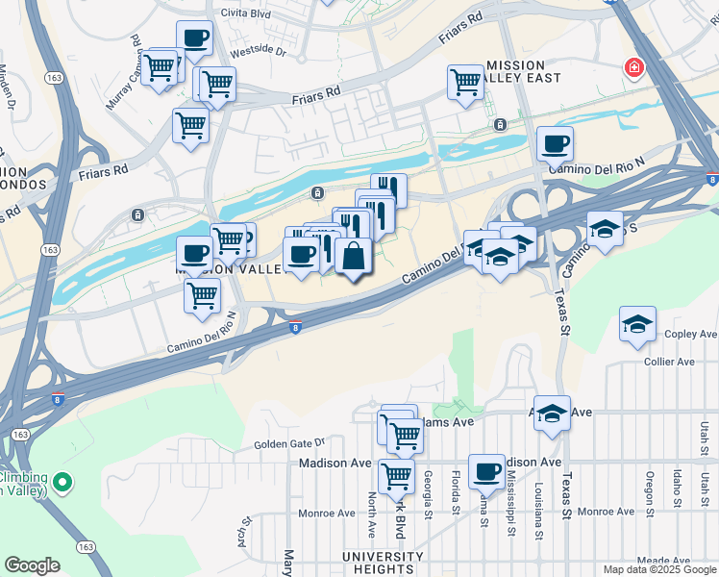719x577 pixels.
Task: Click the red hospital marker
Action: (x=633, y=68)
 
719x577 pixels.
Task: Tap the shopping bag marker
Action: (x=354, y=256)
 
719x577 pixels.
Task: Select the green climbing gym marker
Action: (x=63, y=482)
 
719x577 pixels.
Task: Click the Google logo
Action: (x=32, y=565)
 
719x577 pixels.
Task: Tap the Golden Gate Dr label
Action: (x=290, y=444)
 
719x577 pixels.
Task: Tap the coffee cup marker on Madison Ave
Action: (x=487, y=470)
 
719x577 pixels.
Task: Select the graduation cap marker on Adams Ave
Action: (x=552, y=413)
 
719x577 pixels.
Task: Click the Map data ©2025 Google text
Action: (x=658, y=569)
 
